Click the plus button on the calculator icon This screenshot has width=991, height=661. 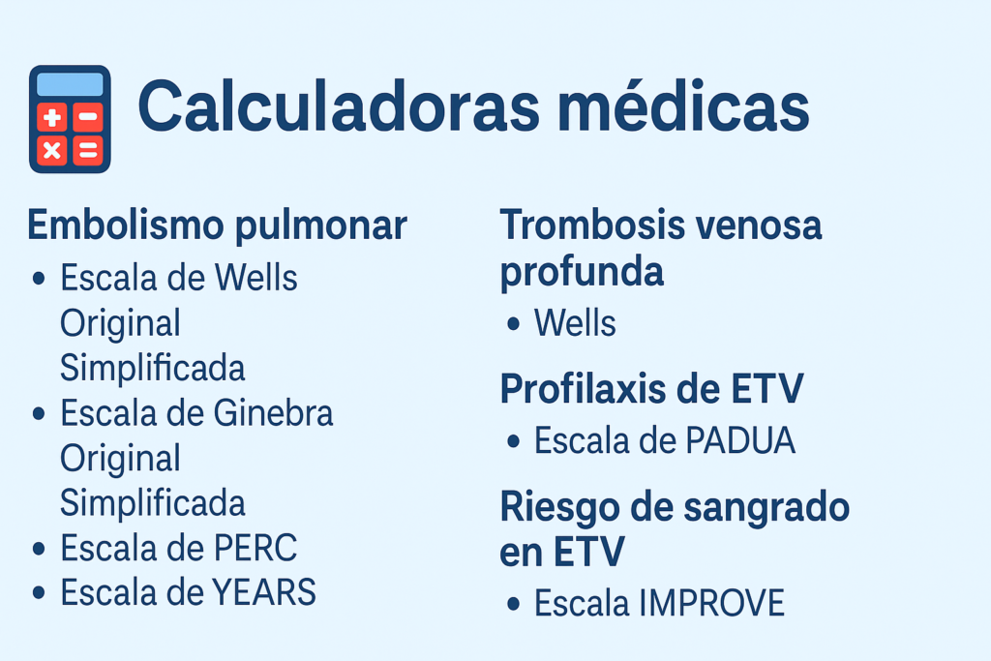point(52,117)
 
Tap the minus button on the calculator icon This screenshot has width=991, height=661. point(88,117)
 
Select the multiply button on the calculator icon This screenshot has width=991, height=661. point(52,151)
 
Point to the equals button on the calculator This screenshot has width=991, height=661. point(88,151)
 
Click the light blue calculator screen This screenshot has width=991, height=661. point(70,84)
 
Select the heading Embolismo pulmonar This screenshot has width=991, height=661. point(218,225)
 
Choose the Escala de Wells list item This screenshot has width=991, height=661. point(179,278)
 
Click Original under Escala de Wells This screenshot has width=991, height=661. point(120,323)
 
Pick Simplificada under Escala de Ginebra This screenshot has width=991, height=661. point(152,503)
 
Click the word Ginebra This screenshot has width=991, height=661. point(273,413)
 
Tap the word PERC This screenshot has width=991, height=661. point(255,548)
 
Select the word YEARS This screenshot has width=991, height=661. point(264,592)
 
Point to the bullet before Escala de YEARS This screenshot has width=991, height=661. point(39,593)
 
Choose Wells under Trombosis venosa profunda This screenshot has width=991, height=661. point(575,323)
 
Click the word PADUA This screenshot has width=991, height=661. point(740,440)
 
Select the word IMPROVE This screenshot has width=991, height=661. point(711,603)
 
